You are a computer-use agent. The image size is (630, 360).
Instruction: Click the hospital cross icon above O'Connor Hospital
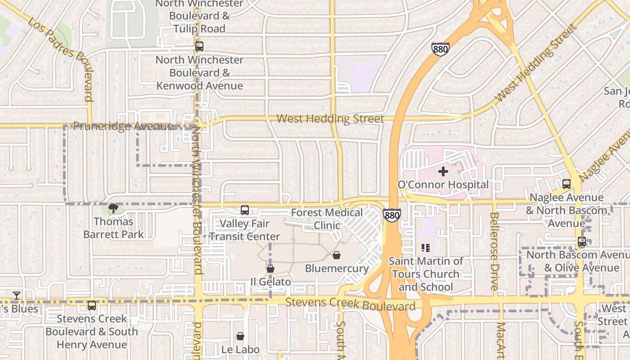click(443, 171)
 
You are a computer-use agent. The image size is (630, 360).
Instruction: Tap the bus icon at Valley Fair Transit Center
click(244, 210)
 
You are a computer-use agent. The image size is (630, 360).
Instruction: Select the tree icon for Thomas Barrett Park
click(113, 208)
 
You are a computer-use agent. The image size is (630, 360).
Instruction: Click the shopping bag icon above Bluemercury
click(336, 256)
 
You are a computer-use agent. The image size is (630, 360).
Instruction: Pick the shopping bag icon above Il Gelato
click(270, 269)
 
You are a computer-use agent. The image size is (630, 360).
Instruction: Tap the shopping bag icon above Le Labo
click(240, 336)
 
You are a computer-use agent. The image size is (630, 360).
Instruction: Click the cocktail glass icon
click(17, 296)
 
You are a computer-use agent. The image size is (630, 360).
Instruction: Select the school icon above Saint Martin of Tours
click(426, 247)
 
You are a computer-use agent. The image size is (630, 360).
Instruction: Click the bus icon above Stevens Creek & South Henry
click(92, 306)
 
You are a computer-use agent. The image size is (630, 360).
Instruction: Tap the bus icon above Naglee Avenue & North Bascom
click(566, 184)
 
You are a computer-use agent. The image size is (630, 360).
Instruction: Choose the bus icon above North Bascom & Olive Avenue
click(581, 242)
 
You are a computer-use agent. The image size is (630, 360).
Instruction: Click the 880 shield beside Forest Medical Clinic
click(392, 215)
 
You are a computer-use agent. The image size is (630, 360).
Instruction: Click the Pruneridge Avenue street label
click(122, 126)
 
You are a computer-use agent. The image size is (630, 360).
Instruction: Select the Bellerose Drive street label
click(494, 251)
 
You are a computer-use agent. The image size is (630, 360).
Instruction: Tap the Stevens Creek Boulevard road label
click(350, 304)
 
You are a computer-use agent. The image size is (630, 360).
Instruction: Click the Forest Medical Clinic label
click(327, 218)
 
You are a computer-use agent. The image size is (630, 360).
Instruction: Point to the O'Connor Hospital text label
click(443, 184)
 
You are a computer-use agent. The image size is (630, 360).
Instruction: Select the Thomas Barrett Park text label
click(113, 228)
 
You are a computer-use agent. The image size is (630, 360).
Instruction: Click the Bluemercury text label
click(337, 268)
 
